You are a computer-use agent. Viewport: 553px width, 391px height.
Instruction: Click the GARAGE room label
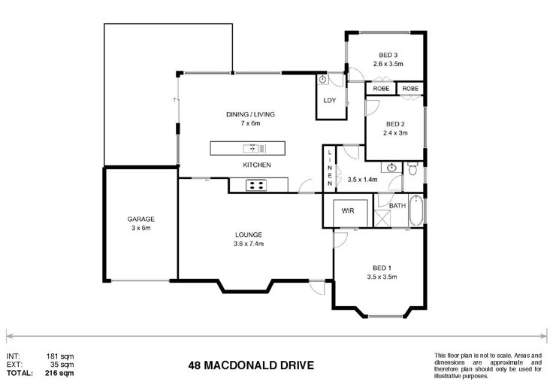click(141, 219)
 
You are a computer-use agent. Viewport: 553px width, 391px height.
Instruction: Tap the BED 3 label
click(388, 55)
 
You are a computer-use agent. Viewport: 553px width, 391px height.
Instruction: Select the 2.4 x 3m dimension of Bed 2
click(395, 133)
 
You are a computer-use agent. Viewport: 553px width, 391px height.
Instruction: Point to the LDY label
click(329, 100)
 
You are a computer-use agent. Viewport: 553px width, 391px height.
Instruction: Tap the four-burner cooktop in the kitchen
click(256, 185)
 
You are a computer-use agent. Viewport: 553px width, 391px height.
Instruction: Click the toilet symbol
click(412, 168)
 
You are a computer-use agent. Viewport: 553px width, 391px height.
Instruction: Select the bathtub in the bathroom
click(416, 211)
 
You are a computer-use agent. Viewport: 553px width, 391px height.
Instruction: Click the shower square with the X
click(382, 219)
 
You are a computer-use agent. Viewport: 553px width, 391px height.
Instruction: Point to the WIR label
click(348, 211)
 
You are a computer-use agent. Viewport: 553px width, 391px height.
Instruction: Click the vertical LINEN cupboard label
click(330, 168)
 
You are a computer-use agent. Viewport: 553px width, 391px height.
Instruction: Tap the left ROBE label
click(381, 89)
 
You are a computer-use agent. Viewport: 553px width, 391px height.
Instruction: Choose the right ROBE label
click(410, 89)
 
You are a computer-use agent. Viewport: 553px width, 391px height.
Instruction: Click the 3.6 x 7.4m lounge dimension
click(249, 244)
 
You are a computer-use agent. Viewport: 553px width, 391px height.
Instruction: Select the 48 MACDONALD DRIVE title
click(251, 365)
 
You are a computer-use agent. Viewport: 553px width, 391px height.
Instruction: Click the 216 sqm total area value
click(59, 373)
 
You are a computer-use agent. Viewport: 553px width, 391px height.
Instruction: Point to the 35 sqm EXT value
click(62, 365)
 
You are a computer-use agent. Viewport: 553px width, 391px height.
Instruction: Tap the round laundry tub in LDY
click(322, 80)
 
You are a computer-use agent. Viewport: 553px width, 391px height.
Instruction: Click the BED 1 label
click(382, 268)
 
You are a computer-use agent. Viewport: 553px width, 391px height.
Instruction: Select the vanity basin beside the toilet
click(391, 168)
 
